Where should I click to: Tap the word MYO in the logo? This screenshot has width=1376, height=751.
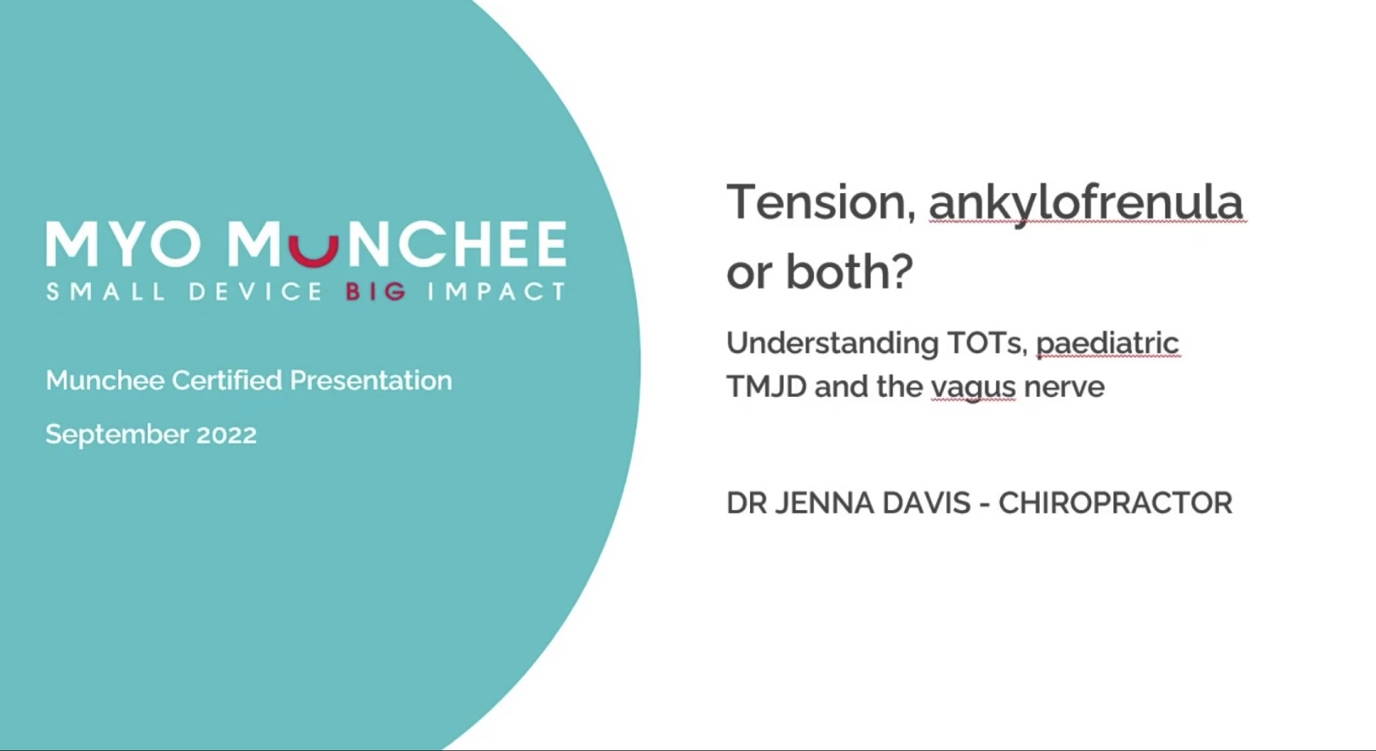point(124,244)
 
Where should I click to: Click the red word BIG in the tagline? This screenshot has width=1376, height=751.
point(376,291)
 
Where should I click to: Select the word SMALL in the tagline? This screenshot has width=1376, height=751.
point(105,291)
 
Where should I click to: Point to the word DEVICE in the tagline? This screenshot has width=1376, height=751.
point(255,291)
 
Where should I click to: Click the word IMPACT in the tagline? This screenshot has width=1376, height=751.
point(496,291)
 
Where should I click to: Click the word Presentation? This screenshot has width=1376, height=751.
point(371,380)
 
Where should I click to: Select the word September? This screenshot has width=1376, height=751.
point(117,435)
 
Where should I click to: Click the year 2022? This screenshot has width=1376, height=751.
point(227,434)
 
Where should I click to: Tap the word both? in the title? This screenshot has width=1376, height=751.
point(849,271)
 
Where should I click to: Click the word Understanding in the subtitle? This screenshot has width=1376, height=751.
point(833,344)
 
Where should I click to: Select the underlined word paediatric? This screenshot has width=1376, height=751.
point(1107,344)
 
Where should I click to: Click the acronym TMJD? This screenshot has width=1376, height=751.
point(766,387)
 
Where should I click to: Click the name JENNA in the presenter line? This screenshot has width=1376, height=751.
point(824,502)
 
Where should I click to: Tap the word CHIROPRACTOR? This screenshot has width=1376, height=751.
point(1116,502)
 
